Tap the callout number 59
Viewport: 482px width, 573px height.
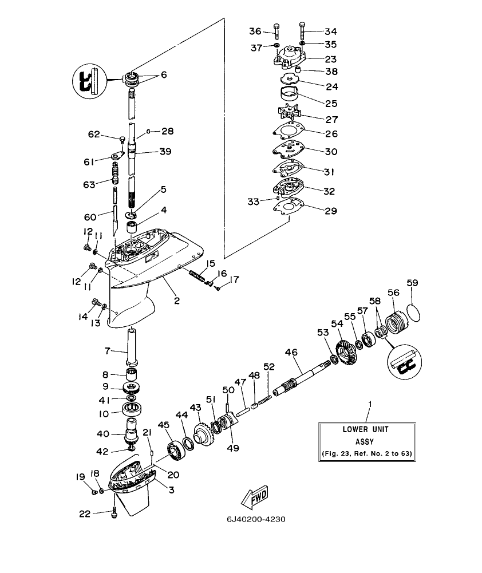pos(413,283)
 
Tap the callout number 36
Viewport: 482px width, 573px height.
pos(255,31)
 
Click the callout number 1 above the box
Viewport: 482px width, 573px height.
pos(369,404)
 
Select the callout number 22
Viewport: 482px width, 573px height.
pos(85,514)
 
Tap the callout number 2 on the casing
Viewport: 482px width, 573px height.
pos(176,300)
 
